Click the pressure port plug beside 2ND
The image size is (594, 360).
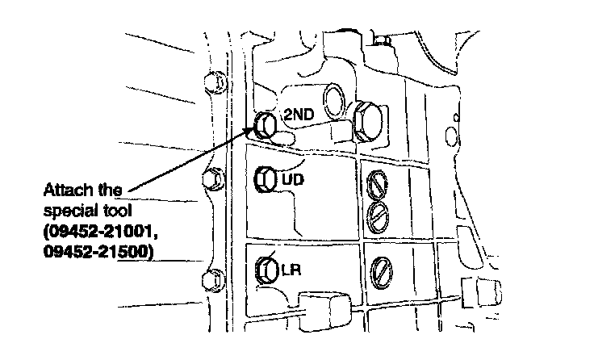[265, 124]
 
